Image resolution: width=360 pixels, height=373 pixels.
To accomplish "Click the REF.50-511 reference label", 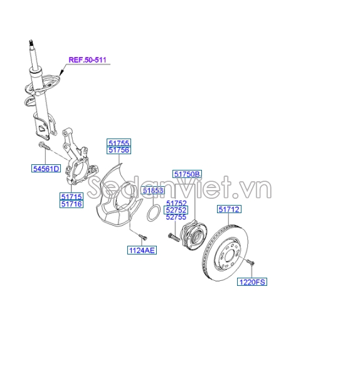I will coord(88,60).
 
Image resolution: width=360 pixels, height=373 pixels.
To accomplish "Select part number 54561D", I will coord(46,168).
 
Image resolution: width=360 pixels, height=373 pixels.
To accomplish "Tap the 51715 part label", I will coord(71,196).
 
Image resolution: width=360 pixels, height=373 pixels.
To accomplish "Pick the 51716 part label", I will coord(71,204).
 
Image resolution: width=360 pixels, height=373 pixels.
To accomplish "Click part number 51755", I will coord(118,143).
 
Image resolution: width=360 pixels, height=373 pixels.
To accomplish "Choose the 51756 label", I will coord(118,150).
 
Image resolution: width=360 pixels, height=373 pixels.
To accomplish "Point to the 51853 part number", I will coord(152,190).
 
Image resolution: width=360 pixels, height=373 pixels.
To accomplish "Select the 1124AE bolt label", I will coord(142,250).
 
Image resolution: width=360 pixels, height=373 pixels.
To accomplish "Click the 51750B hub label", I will coord(187,174).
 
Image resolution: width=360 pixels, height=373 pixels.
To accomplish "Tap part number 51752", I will coord(176,203).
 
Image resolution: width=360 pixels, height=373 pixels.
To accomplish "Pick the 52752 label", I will coord(176,210).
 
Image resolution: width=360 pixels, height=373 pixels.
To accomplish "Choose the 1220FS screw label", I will coord(251,282).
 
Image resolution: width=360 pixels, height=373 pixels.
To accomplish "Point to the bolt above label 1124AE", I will coord(141,236).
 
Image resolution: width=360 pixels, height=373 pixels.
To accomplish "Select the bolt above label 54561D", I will coord(43,146).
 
